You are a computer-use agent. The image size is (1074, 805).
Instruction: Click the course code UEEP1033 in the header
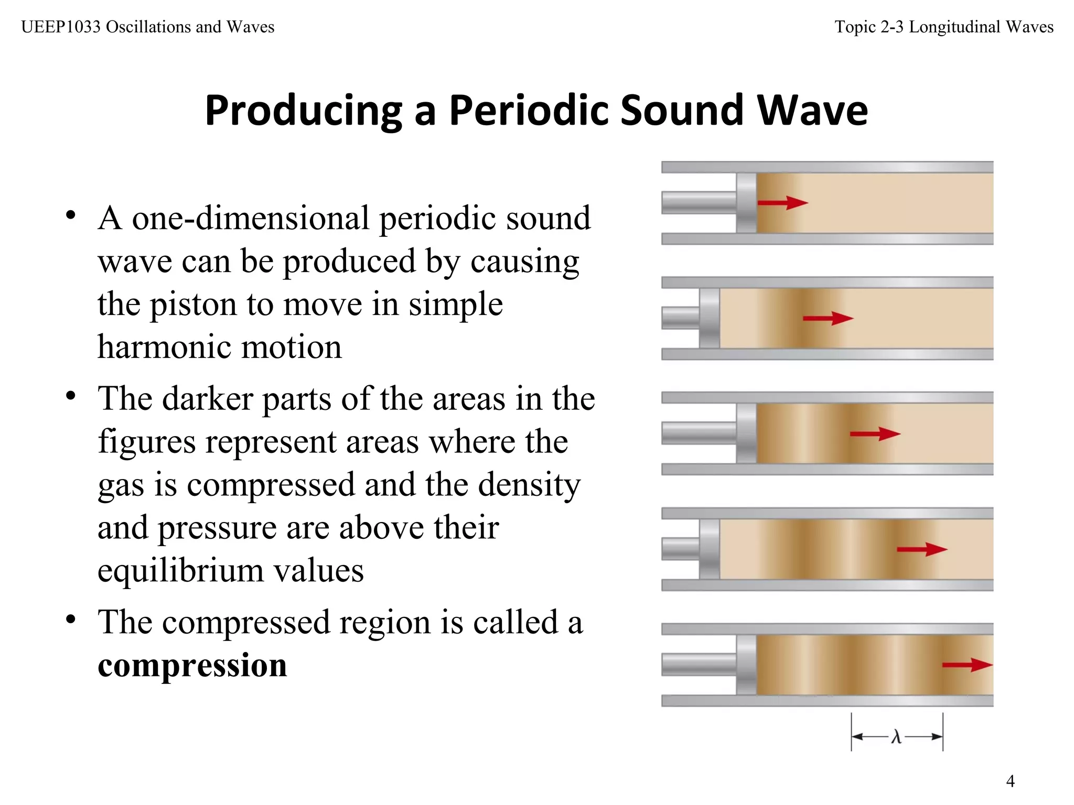[x=61, y=27]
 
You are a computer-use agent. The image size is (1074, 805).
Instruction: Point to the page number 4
[x=1010, y=781]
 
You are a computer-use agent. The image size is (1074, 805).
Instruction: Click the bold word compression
[x=192, y=665]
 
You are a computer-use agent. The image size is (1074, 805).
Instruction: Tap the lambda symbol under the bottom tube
[x=896, y=737]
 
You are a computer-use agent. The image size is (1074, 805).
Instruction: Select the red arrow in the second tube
[x=828, y=318]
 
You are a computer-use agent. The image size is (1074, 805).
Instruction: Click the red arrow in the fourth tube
[x=921, y=549]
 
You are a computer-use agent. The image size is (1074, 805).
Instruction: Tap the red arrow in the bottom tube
[x=967, y=665]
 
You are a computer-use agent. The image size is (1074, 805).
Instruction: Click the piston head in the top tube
[x=746, y=203]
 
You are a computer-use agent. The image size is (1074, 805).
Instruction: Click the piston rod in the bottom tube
[x=699, y=665]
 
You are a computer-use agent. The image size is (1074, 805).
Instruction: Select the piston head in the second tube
[x=710, y=318]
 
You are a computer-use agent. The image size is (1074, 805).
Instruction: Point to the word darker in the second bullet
[x=208, y=399]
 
